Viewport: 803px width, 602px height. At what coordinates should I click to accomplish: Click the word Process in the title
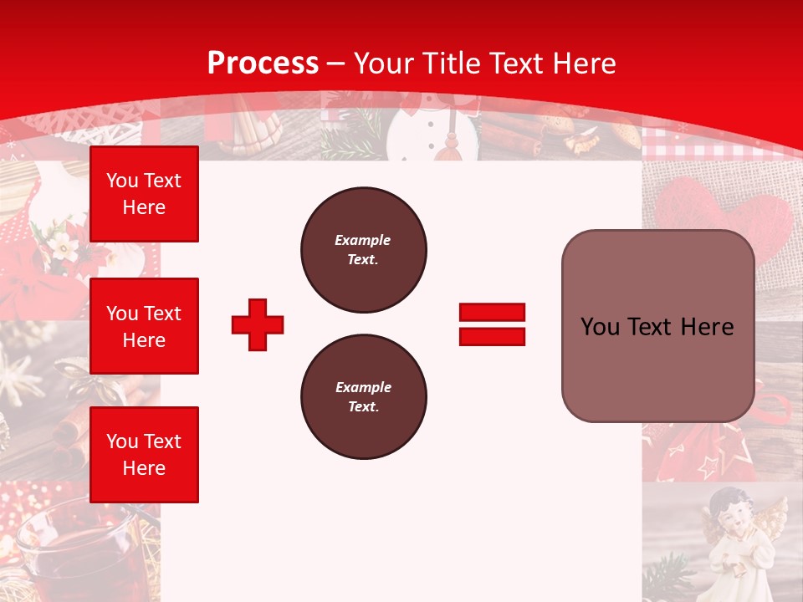tap(263, 63)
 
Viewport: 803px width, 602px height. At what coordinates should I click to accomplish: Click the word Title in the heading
tap(449, 63)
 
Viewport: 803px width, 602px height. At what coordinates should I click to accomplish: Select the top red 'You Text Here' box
tap(144, 194)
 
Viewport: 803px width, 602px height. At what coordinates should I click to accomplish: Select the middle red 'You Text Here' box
tap(144, 326)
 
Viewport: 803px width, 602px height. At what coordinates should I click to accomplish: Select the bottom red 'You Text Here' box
tap(144, 455)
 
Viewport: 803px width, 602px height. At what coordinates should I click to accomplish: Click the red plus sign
tap(258, 324)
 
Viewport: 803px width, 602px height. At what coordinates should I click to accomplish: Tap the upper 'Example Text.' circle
tap(363, 250)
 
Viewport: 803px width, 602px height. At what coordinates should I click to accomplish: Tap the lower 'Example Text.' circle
tap(363, 397)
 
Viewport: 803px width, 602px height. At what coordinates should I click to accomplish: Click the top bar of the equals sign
tap(492, 313)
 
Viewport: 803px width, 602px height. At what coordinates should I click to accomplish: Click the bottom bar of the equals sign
tap(492, 336)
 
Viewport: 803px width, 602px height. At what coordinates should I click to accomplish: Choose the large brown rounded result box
tap(657, 326)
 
